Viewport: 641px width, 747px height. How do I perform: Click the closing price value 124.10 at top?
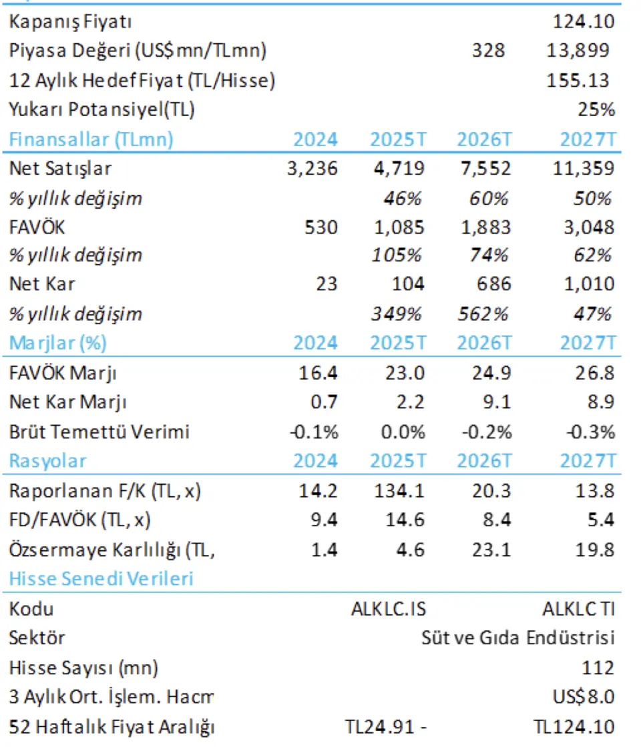tap(583, 22)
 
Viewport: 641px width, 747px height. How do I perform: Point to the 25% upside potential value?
tap(596, 109)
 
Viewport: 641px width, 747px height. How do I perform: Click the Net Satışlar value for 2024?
tap(312, 168)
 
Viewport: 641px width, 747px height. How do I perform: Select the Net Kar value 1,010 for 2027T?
tap(587, 284)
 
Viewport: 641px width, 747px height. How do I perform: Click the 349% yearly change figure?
tap(399, 313)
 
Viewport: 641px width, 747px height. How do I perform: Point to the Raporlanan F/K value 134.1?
tap(399, 491)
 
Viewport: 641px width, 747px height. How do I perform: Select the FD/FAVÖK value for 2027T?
tap(598, 520)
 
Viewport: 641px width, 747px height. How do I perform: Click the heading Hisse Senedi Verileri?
tap(101, 578)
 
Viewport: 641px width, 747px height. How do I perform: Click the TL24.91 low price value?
tap(377, 726)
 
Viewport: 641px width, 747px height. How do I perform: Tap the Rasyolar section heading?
tap(47, 461)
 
